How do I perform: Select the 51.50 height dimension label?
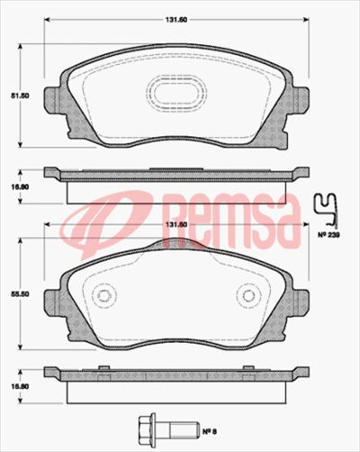coord(14,93)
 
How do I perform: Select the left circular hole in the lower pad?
coord(103,296)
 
